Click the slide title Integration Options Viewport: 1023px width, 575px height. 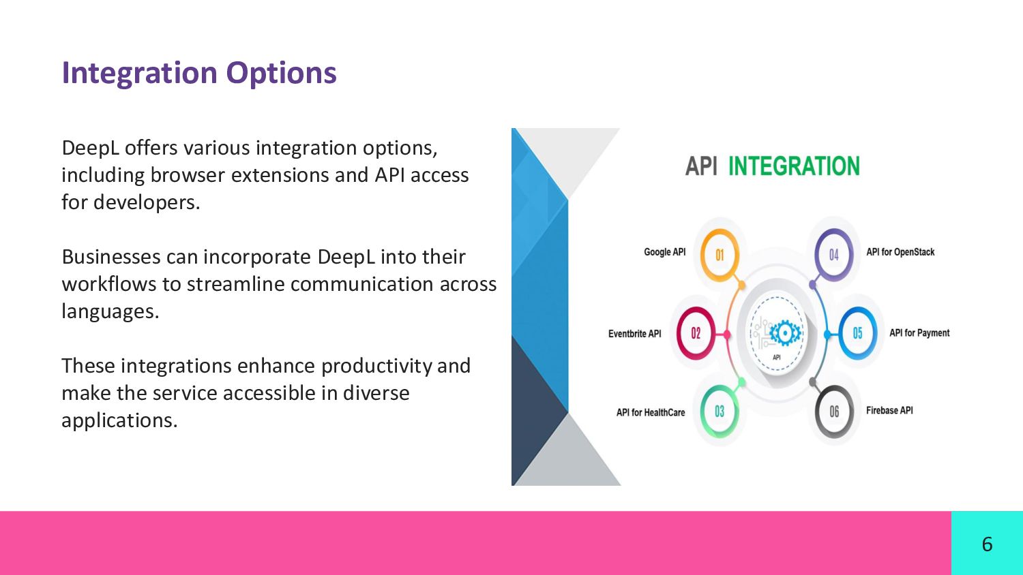tap(199, 73)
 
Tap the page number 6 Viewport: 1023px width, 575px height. tap(987, 544)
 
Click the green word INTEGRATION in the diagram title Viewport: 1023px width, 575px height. tap(794, 166)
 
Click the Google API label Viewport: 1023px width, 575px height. tap(664, 252)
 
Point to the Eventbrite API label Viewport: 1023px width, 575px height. tap(634, 334)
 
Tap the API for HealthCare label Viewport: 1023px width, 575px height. tap(651, 413)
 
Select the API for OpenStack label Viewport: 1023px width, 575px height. tap(900, 252)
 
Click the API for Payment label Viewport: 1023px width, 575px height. tap(919, 333)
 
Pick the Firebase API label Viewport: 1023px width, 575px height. tap(889, 410)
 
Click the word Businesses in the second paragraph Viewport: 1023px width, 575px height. tap(111, 256)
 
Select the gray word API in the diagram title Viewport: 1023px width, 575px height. tap(701, 166)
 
